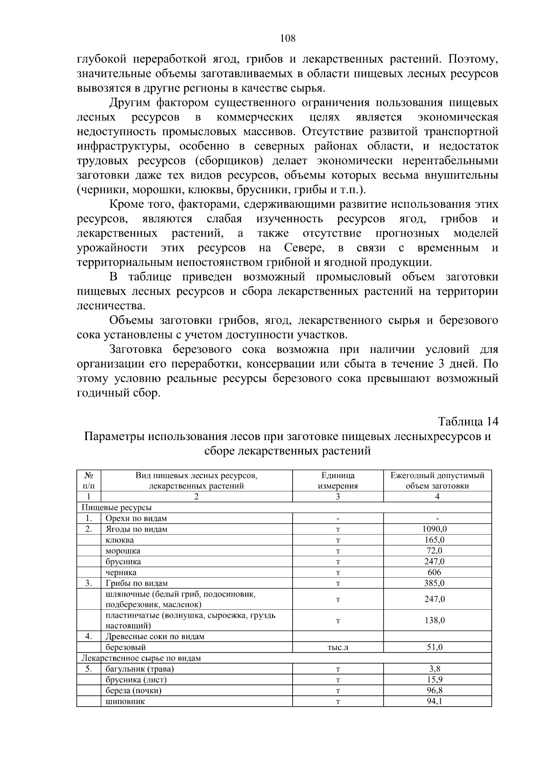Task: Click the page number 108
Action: click(x=288, y=38)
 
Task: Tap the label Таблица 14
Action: click(x=468, y=421)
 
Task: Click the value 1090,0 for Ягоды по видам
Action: click(x=434, y=529)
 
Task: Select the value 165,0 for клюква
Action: click(x=434, y=540)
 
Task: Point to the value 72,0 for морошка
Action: click(x=434, y=551)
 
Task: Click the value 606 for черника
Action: click(x=434, y=572)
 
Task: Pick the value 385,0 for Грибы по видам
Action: click(x=434, y=583)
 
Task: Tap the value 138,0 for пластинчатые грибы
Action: click(x=434, y=620)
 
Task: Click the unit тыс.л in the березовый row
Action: click(x=338, y=647)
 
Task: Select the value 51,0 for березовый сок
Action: click(x=434, y=647)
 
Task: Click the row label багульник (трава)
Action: click(x=140, y=669)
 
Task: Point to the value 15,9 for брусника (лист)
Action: click(x=434, y=680)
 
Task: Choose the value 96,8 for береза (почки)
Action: click(x=434, y=691)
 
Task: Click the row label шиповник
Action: click(x=125, y=701)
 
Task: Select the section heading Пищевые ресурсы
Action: click(x=116, y=508)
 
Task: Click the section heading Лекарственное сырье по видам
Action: click(x=141, y=658)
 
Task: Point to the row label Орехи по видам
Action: click(x=136, y=518)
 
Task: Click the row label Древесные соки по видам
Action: click(x=155, y=636)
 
